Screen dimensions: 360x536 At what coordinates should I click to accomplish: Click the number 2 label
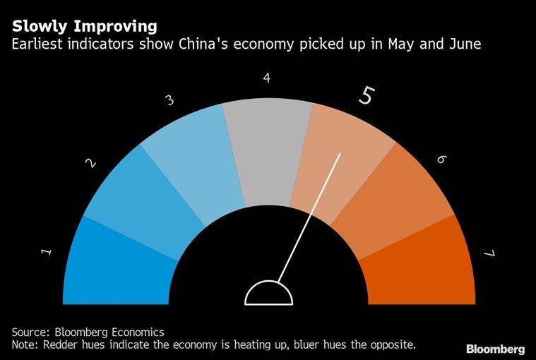90,163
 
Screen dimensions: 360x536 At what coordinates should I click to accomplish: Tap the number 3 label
169,100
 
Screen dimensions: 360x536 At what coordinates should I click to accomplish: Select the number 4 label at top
267,78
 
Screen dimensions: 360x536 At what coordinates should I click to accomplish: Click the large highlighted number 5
365,95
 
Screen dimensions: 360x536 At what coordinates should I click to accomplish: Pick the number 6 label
441,160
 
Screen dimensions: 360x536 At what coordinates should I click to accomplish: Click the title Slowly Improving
84,27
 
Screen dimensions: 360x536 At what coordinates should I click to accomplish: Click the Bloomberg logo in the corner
495,349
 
